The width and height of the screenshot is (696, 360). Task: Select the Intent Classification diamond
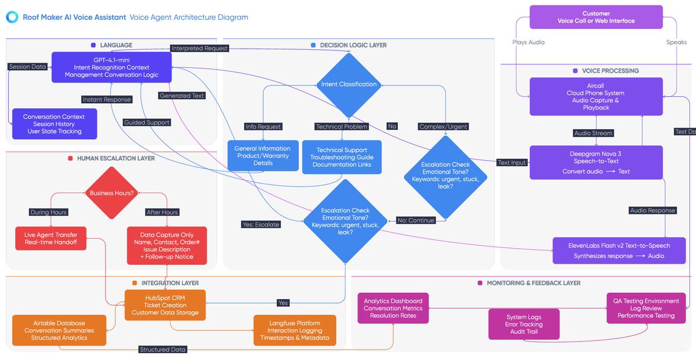[x=349, y=85]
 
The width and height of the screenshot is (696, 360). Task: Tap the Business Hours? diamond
[x=111, y=193]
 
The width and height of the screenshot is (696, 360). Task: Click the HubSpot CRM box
[x=165, y=306]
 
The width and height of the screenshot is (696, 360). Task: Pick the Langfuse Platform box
[x=295, y=330]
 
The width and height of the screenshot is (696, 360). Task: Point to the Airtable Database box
[x=59, y=330]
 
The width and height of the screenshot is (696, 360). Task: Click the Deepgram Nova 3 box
[x=596, y=162]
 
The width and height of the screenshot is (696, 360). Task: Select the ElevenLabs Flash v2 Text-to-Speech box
[x=619, y=250]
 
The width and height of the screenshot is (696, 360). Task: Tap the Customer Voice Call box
[x=596, y=17]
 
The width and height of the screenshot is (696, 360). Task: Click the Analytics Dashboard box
[x=393, y=308]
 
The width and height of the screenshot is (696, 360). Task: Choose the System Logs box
[x=524, y=324]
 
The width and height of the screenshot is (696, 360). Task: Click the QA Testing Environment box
[x=646, y=308]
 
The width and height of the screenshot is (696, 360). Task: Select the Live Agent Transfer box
[x=50, y=238]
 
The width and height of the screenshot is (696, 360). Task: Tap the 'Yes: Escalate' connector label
[x=260, y=224]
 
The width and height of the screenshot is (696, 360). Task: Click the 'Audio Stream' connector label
[x=593, y=133]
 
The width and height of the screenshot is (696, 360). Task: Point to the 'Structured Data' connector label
[x=162, y=350]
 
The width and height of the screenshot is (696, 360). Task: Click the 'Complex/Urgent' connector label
[x=443, y=126]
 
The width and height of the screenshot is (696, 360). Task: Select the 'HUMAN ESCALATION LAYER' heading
[x=115, y=158]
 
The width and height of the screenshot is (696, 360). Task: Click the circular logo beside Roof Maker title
[x=12, y=17]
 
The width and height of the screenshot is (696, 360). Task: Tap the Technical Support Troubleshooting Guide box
[x=341, y=157]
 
